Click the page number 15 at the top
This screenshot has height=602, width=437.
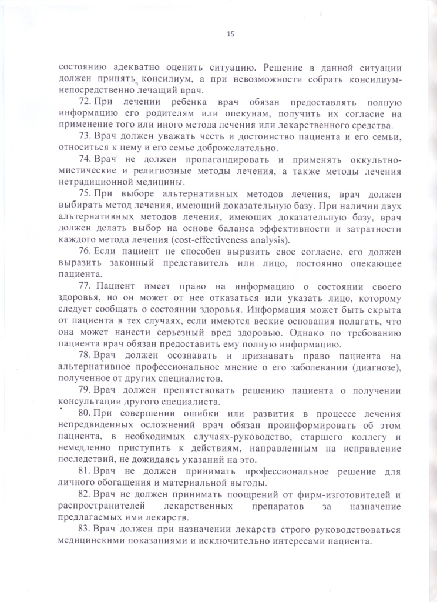pos(230,34)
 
